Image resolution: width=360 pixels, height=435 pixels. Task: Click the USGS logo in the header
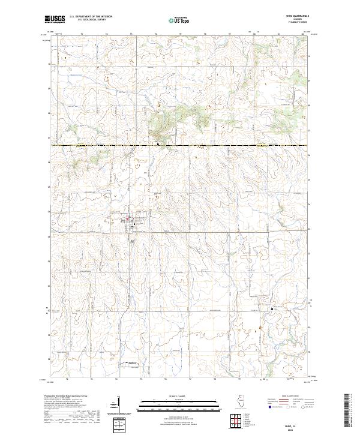[x=54, y=20]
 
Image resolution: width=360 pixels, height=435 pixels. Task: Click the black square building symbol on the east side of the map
[x=269, y=308]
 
